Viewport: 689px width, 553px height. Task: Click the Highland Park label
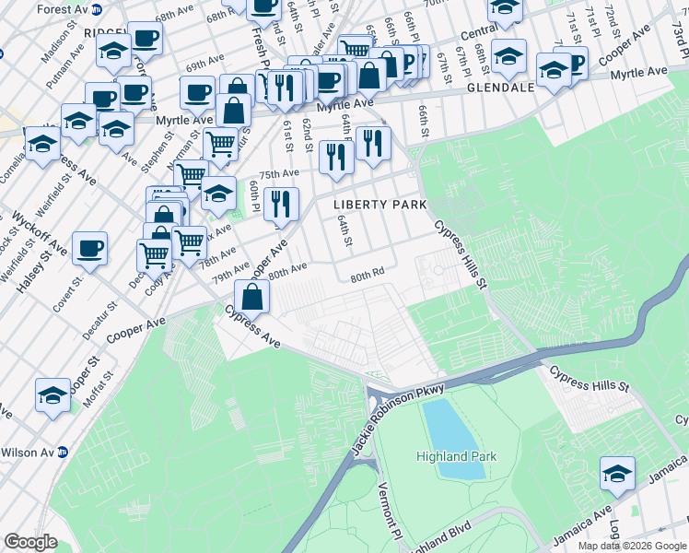pos(456,456)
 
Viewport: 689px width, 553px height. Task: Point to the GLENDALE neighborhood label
pos(501,88)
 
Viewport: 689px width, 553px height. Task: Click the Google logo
pos(30,542)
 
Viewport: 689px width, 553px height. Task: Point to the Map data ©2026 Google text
pos(631,546)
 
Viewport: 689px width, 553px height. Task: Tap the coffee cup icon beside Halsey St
pos(90,248)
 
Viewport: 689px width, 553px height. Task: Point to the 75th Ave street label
pos(279,174)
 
